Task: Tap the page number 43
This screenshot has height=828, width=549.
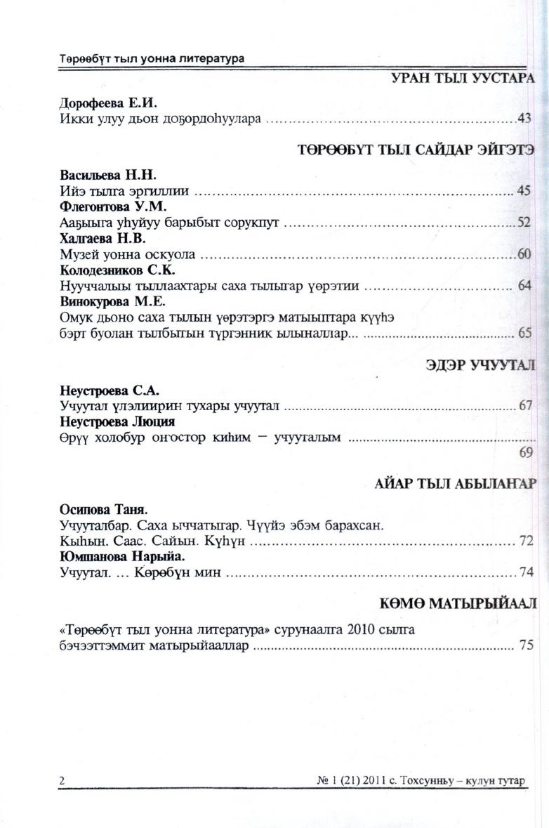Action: tap(524, 119)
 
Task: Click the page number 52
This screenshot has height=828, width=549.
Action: tap(523, 223)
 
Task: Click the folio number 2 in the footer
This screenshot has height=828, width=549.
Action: tap(62, 781)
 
